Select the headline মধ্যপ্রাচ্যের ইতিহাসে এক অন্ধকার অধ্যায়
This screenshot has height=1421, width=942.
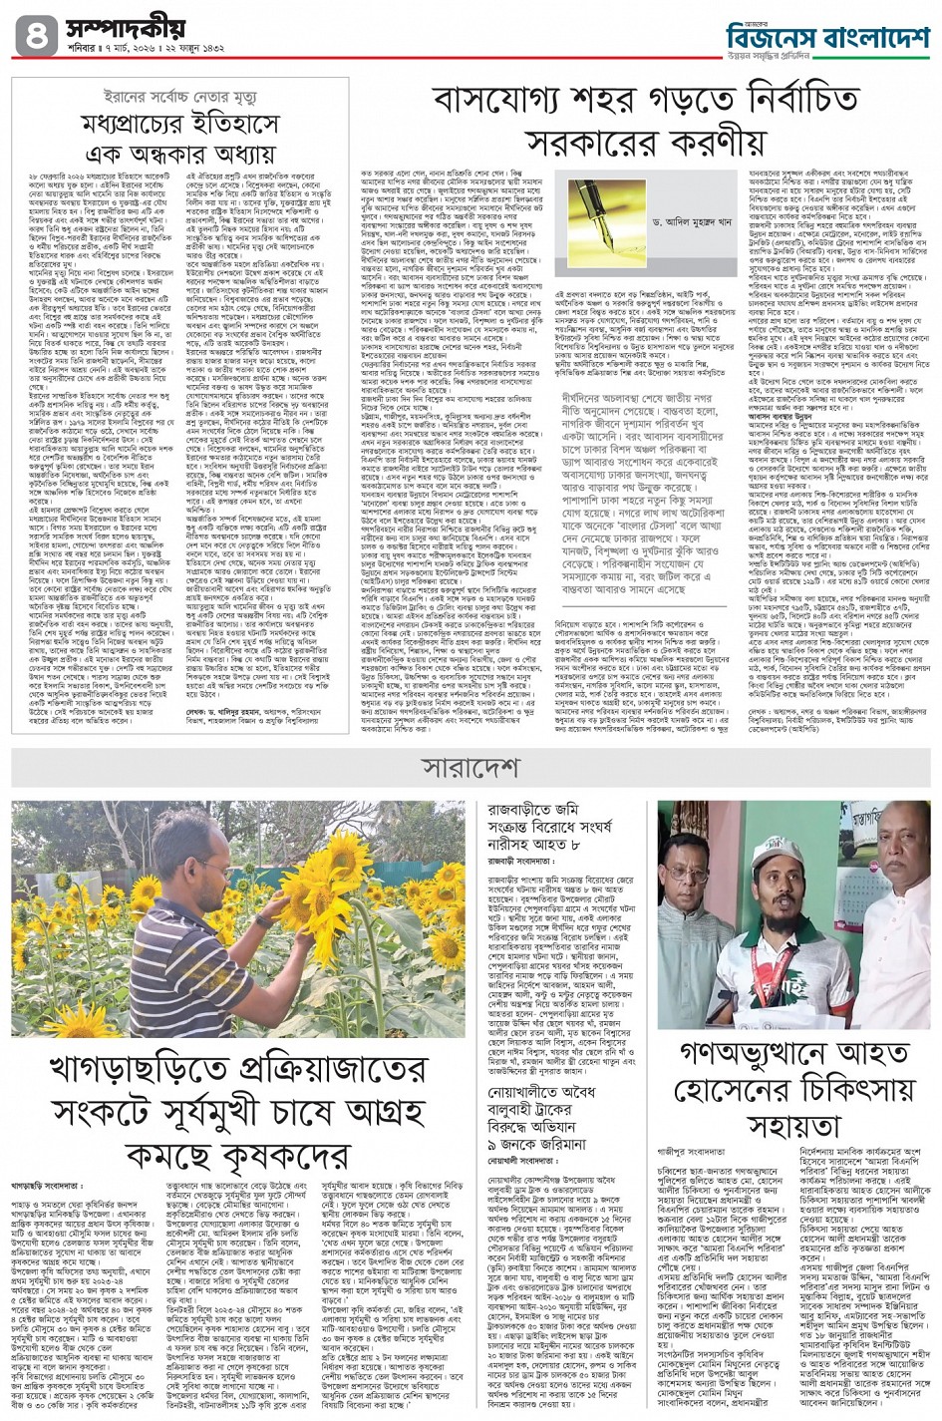(x=179, y=141)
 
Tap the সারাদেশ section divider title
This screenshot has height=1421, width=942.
(x=470, y=768)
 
